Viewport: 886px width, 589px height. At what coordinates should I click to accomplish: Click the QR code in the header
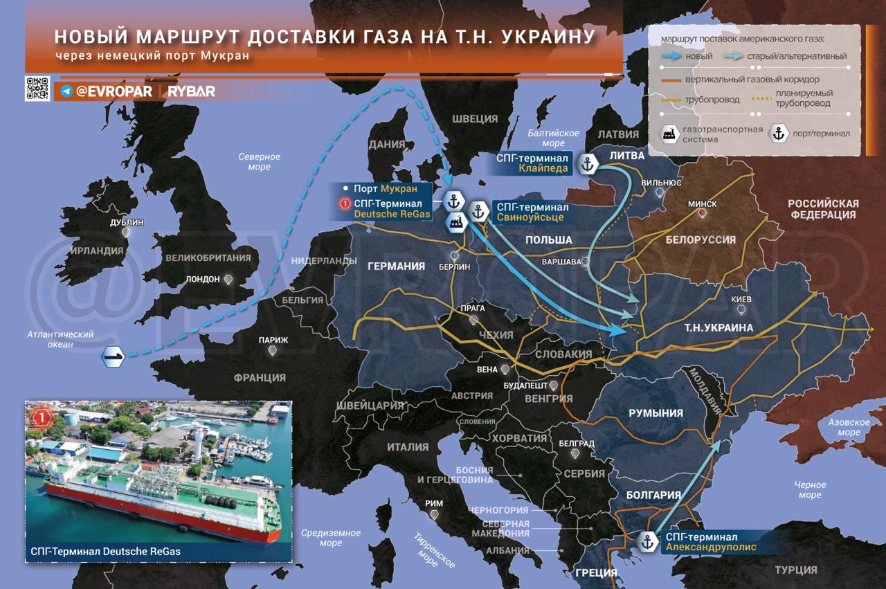[37, 89]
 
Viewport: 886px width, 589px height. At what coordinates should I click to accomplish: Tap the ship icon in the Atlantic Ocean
[113, 356]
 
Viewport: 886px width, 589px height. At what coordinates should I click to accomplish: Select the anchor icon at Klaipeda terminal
[588, 165]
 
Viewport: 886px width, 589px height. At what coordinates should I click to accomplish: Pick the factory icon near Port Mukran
[455, 222]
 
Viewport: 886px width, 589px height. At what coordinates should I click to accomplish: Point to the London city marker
[229, 279]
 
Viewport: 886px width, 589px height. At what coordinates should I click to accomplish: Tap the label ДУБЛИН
[127, 223]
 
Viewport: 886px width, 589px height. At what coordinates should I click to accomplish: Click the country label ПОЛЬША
[549, 239]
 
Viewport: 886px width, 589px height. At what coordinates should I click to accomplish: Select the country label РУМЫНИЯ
[656, 413]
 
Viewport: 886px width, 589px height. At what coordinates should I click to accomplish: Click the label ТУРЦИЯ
[795, 570]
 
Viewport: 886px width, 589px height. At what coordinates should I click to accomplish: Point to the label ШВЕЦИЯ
[475, 119]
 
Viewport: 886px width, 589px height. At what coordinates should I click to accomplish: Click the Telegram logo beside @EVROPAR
[66, 91]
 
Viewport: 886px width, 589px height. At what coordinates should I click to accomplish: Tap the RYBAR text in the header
[191, 91]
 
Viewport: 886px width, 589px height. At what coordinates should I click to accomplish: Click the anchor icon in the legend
[778, 134]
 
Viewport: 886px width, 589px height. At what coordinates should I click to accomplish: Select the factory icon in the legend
[669, 134]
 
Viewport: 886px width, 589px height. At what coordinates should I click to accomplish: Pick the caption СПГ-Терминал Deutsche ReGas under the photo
[106, 552]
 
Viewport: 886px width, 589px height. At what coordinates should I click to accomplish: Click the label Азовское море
[849, 427]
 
